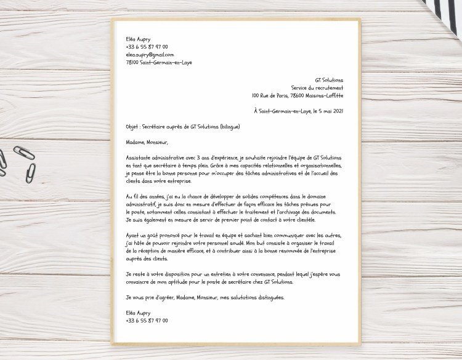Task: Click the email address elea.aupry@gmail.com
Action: pyautogui.click(x=150, y=55)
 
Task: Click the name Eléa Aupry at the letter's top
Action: pyautogui.click(x=138, y=39)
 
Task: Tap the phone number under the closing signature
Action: pyautogui.click(x=147, y=321)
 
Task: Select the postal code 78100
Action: pyautogui.click(x=132, y=63)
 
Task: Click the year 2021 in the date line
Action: pyautogui.click(x=338, y=111)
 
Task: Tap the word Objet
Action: pyautogui.click(x=132, y=127)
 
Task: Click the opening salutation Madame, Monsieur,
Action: pyautogui.click(x=147, y=143)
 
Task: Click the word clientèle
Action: pyautogui.click(x=302, y=220)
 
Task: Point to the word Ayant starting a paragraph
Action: pyautogui.click(x=132, y=236)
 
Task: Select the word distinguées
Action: pyautogui.click(x=269, y=298)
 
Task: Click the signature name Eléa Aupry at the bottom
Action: pyautogui.click(x=138, y=313)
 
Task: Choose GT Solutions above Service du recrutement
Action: pyautogui.click(x=329, y=80)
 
